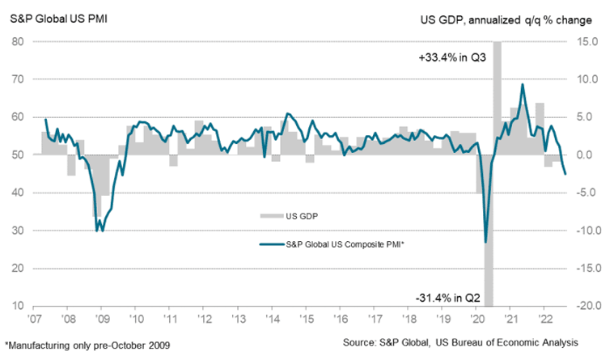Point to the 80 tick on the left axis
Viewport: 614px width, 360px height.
point(16,42)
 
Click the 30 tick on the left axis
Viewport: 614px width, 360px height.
point(16,231)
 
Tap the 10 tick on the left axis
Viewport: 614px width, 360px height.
point(16,306)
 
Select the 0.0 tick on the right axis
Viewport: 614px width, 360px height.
point(588,155)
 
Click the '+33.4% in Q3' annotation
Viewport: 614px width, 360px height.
point(449,58)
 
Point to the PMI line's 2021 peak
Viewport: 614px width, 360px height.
point(523,84)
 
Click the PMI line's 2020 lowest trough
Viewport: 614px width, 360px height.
point(485,242)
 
